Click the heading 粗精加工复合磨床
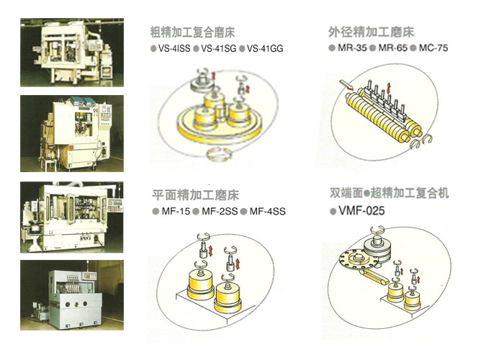click(192, 32)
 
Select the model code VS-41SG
click(219, 48)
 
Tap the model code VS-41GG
click(265, 48)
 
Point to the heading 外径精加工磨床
click(372, 32)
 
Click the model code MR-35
click(352, 48)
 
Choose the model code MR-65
click(393, 48)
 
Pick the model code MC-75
click(433, 48)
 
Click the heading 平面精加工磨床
click(195, 195)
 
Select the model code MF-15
click(176, 211)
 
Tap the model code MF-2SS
click(220, 211)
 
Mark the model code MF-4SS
click(267, 211)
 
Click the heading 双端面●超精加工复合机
click(390, 193)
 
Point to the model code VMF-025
click(361, 211)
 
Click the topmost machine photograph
click(72, 53)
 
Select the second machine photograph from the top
click(72, 133)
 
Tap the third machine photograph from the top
click(72, 217)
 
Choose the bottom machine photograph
click(72, 295)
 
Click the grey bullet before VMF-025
click(333, 212)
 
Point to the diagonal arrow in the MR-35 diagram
click(346, 85)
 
